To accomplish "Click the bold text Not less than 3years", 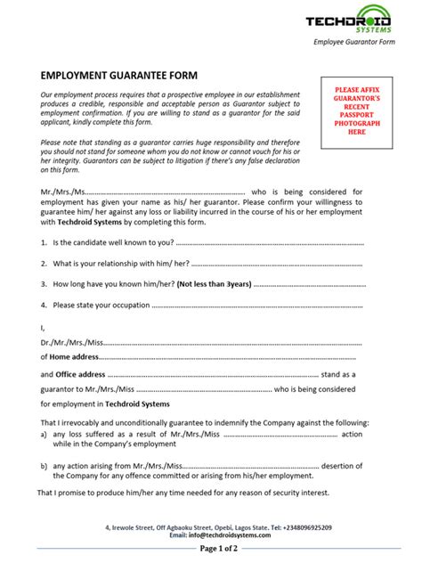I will point(213,283).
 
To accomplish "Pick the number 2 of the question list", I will point(44,263).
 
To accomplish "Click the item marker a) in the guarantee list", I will point(45,434).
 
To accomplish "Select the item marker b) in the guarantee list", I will point(45,464).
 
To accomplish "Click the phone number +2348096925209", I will point(302,527).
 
